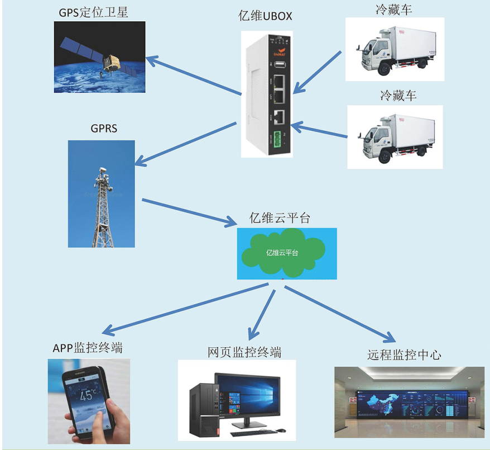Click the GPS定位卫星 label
[x=93, y=12]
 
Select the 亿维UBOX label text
[x=265, y=16]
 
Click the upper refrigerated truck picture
[x=394, y=49]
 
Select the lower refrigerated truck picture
[x=395, y=136]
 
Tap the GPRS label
[x=104, y=129]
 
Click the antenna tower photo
[x=102, y=193]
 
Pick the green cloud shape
[x=283, y=254]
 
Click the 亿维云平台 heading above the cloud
[x=280, y=218]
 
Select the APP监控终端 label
[x=88, y=348]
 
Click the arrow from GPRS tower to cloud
[x=190, y=212]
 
